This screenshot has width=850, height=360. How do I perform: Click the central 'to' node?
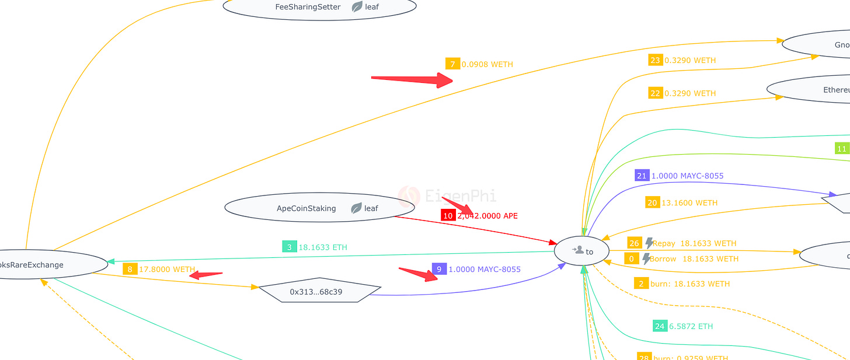[x=581, y=251]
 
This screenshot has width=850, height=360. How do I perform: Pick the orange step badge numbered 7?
[x=452, y=64]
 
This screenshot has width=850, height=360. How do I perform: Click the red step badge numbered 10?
[x=448, y=215]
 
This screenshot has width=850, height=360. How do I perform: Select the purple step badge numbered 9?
[x=440, y=269]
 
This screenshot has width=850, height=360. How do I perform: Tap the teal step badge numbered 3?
[x=290, y=247]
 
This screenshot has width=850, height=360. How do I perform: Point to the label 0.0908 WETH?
[x=487, y=64]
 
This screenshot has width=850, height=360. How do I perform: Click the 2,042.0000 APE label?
[x=487, y=216]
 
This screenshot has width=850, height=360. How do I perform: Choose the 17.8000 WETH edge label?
[x=167, y=270]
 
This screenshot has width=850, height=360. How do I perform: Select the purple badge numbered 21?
[x=642, y=175]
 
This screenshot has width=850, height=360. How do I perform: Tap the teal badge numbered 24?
[x=660, y=326]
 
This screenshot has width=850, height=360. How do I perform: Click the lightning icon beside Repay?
[x=649, y=243]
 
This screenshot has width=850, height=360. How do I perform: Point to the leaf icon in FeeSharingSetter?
[x=357, y=7]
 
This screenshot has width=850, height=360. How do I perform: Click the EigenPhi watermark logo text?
[x=461, y=196]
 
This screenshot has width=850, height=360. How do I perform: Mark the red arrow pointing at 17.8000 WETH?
[x=205, y=274]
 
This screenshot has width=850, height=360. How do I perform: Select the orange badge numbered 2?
[x=641, y=284]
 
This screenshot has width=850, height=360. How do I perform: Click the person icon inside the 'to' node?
[x=578, y=250]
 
